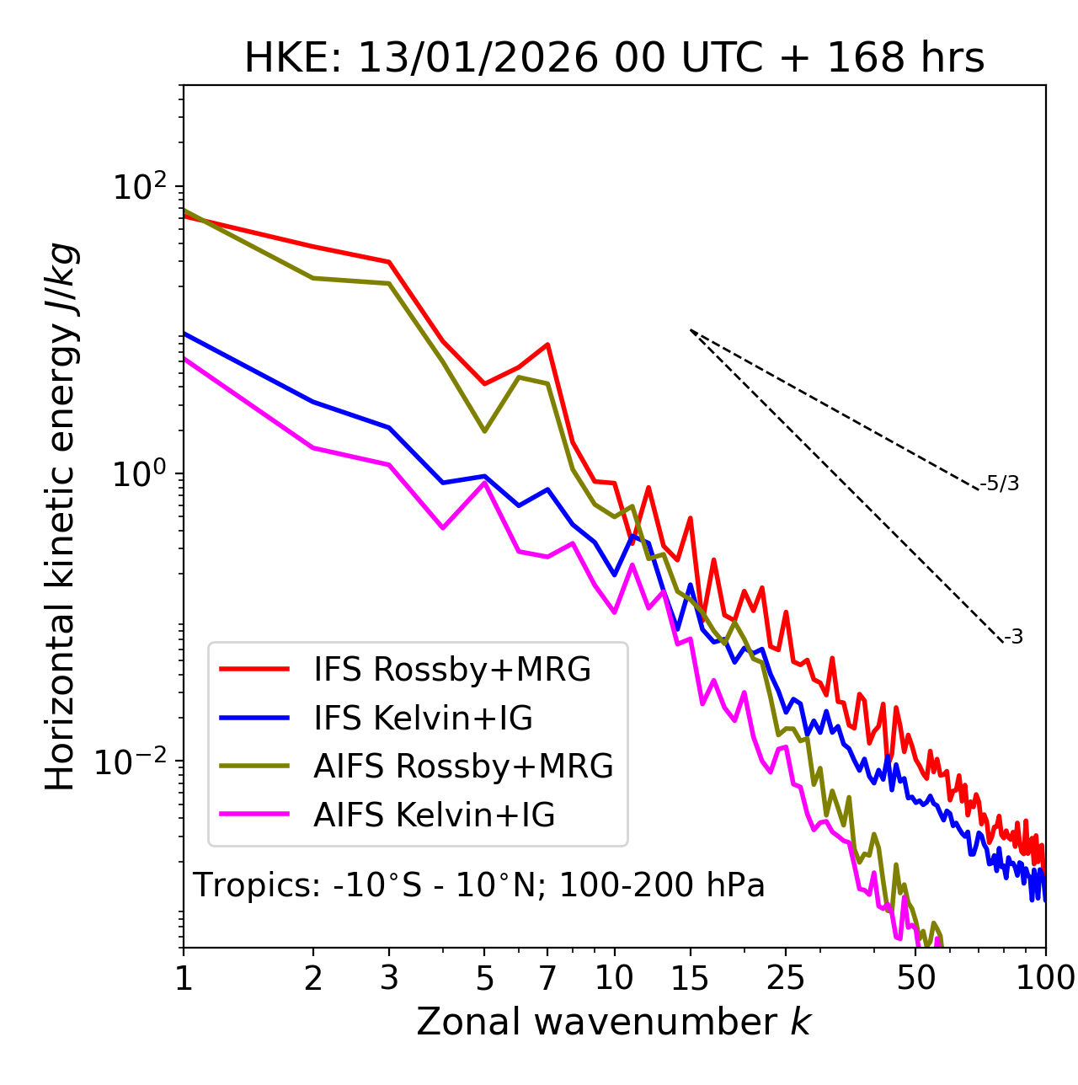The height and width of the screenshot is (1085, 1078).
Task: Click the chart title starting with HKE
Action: (x=614, y=59)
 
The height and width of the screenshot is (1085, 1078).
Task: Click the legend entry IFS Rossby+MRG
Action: (x=451, y=670)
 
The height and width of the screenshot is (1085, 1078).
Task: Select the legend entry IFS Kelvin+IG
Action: (x=423, y=719)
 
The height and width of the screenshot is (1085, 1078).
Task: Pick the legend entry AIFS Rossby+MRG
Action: (x=462, y=767)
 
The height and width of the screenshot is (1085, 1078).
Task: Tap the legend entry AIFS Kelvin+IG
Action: (x=434, y=815)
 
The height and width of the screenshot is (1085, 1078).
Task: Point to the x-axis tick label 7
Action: (x=547, y=978)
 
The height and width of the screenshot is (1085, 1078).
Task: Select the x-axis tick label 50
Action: (x=915, y=978)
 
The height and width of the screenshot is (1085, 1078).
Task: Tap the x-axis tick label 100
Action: (x=1044, y=978)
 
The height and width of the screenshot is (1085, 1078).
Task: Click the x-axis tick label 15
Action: (x=690, y=978)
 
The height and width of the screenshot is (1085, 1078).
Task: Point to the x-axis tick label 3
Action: (x=389, y=978)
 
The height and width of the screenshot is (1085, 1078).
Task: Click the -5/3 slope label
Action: (x=1000, y=484)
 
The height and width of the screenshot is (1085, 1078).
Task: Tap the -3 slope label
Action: (x=1013, y=638)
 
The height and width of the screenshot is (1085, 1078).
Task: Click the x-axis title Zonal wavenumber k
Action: (x=614, y=1022)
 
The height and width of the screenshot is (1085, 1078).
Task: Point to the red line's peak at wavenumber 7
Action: (x=548, y=345)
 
